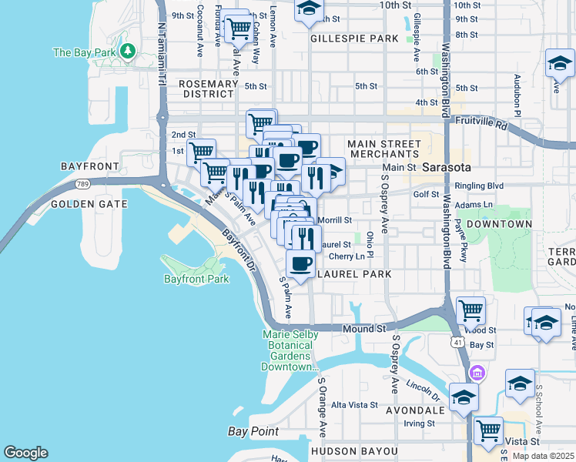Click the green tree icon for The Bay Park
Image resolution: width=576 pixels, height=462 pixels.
[x=127, y=52]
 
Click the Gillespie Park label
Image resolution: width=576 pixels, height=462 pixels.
[x=354, y=38]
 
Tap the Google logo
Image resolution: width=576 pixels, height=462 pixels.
[x=25, y=453]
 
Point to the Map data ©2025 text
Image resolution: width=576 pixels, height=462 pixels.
[x=543, y=456]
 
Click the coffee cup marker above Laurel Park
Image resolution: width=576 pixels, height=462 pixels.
[x=300, y=264]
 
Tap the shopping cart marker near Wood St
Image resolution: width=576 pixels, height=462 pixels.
[x=471, y=310]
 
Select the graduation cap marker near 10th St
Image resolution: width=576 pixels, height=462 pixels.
[x=309, y=10]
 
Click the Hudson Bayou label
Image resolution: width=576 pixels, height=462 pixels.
[x=353, y=450]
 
